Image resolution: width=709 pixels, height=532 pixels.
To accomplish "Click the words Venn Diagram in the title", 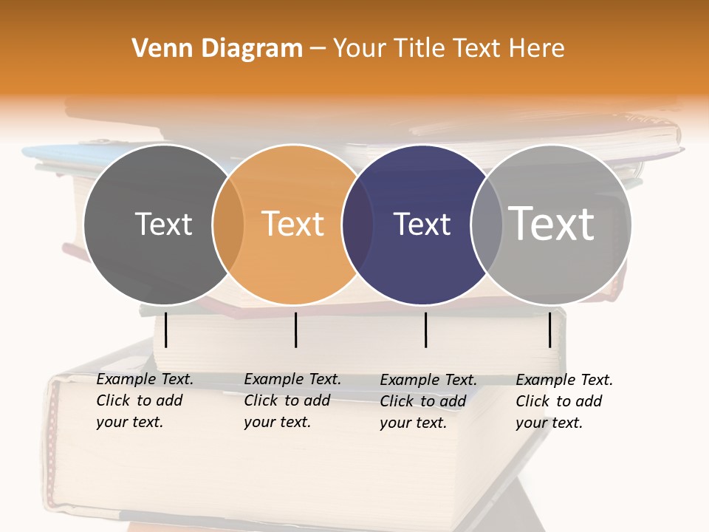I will [x=217, y=49].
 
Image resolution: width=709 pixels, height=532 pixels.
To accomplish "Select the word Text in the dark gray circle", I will [x=163, y=224].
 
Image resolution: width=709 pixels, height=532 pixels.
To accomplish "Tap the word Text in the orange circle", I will [x=293, y=224].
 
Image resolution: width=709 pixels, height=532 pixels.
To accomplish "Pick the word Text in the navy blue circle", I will [x=422, y=224].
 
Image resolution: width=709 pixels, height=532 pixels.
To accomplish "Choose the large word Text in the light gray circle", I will [x=552, y=224].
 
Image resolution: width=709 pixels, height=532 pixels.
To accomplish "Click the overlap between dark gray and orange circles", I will [x=228, y=224].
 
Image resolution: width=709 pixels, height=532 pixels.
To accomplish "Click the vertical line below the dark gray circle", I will [x=166, y=330].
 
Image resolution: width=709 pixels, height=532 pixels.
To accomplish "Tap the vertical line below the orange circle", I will [x=295, y=330].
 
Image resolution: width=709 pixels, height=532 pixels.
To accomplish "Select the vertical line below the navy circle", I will [x=426, y=330].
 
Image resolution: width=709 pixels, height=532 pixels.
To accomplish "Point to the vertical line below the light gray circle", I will [x=550, y=330].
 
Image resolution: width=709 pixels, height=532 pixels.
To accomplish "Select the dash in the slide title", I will [x=318, y=49].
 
